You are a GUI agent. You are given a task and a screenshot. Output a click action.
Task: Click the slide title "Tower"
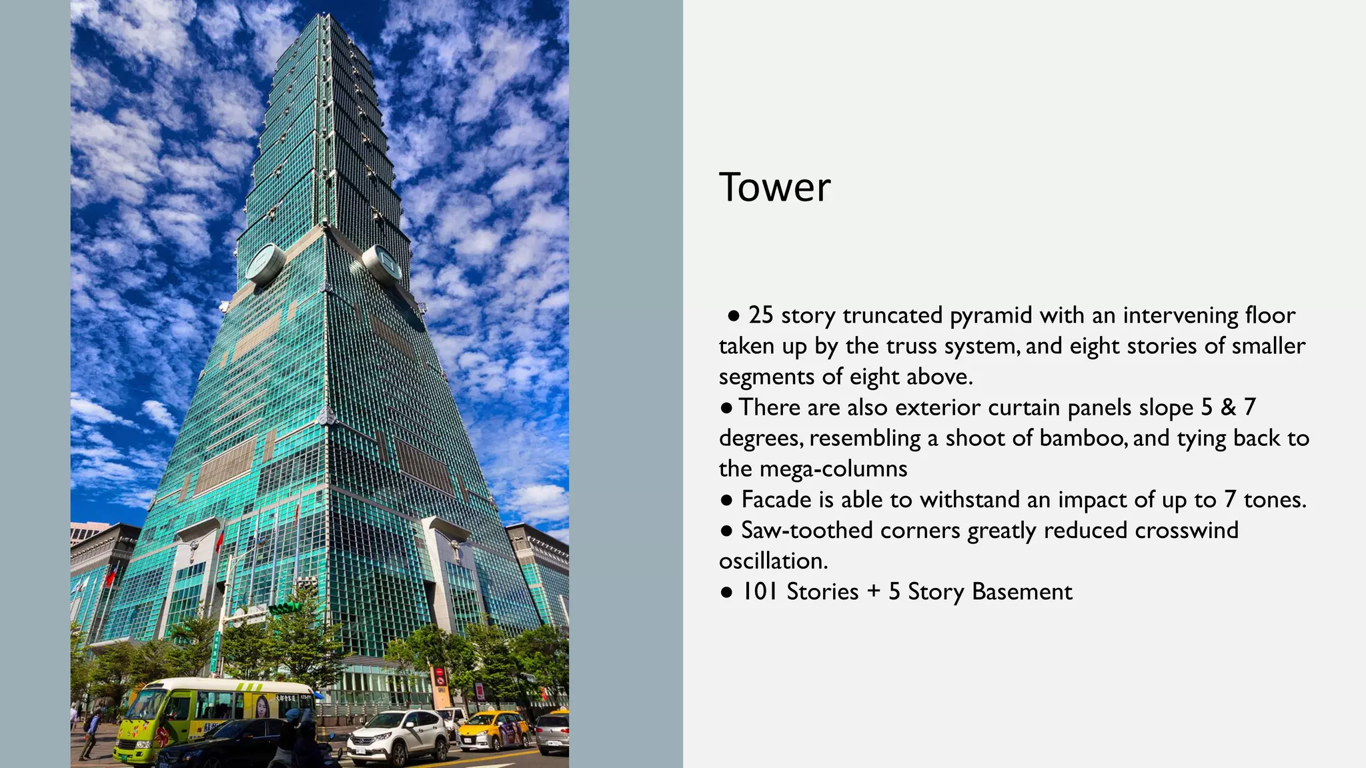[x=774, y=187]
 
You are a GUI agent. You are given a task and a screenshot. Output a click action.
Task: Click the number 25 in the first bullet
[x=760, y=315]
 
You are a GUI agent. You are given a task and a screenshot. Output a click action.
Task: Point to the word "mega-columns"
[x=833, y=469]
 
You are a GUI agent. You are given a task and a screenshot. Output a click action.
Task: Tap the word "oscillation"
[x=772, y=561]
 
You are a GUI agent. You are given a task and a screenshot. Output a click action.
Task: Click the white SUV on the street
[x=398, y=736]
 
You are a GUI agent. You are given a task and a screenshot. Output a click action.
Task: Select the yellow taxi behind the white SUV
[x=494, y=729]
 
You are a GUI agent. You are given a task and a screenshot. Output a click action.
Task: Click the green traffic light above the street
[x=285, y=608]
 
